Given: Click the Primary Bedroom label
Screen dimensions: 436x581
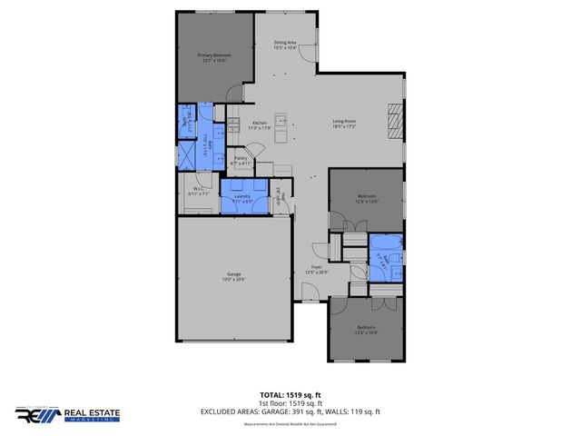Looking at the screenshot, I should pos(215,57).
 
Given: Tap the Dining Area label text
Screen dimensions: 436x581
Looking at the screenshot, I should pos(285,44).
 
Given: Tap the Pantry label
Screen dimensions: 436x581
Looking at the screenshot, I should pos(241,160).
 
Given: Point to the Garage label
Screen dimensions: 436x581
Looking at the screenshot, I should pos(234,276).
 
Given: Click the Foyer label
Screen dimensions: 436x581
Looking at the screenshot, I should pos(317,269).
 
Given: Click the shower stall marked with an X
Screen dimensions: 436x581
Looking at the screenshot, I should pos(188,154).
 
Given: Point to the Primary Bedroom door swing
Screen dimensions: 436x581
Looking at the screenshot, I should pos(236,92).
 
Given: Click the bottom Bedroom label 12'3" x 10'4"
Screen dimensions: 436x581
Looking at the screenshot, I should pos(366,329).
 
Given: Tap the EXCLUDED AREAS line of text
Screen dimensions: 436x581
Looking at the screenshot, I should pos(290,411).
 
